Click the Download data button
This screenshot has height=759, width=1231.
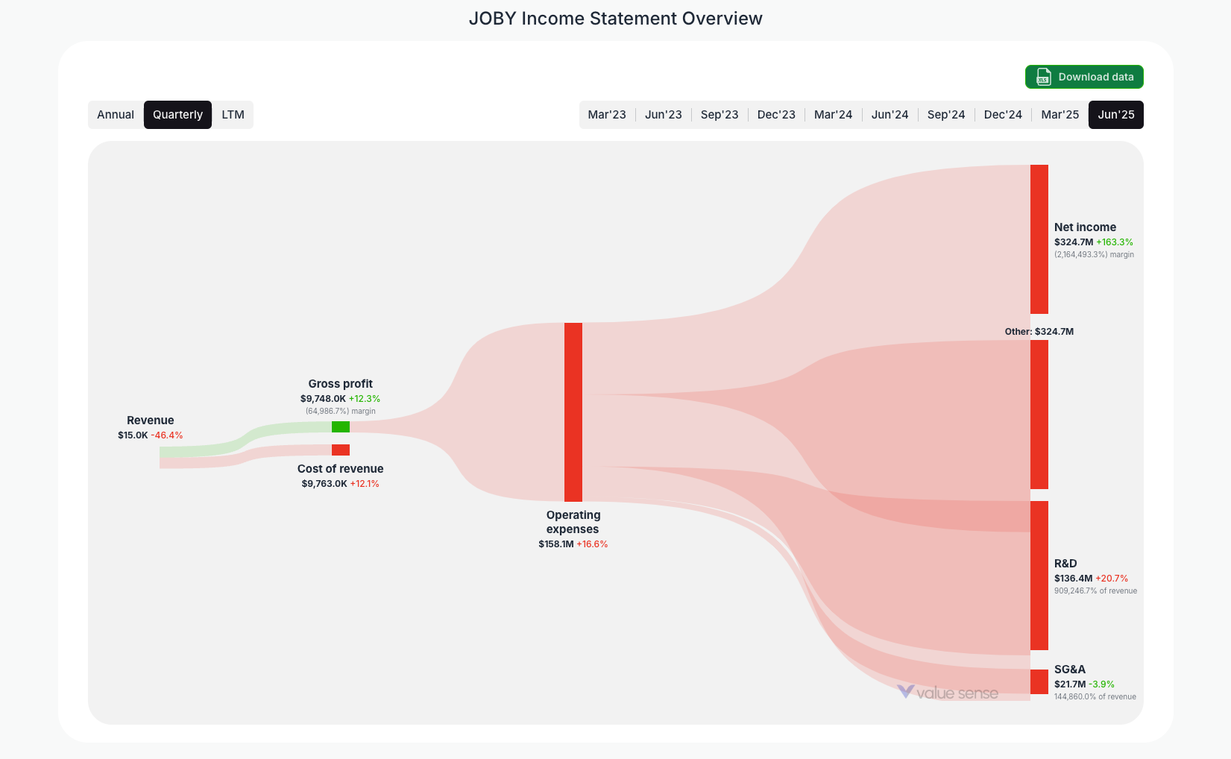(x=1084, y=77)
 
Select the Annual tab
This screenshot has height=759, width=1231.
(x=116, y=115)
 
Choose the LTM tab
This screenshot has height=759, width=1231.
(x=233, y=115)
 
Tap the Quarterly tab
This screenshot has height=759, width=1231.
(x=177, y=115)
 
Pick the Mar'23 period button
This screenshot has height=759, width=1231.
(x=607, y=115)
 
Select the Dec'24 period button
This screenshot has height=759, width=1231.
(x=1003, y=115)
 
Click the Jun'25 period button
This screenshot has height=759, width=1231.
(x=1115, y=115)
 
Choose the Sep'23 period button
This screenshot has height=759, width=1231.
(x=720, y=115)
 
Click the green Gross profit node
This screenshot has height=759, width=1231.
(x=341, y=426)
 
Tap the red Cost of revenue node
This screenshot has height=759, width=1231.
(x=341, y=450)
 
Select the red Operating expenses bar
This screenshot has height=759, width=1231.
(x=573, y=412)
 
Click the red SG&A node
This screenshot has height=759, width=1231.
(x=1039, y=681)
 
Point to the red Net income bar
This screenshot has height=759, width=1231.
(x=1039, y=239)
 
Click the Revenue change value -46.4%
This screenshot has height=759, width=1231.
(x=167, y=435)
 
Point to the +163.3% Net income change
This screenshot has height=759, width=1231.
(x=1115, y=242)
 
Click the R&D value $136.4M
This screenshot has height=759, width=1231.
(x=1073, y=579)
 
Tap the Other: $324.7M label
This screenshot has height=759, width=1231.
(x=1039, y=332)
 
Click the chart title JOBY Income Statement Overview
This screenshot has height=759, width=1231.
(x=615, y=19)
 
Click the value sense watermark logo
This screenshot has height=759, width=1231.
(x=948, y=693)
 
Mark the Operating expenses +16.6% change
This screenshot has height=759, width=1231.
(x=592, y=544)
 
